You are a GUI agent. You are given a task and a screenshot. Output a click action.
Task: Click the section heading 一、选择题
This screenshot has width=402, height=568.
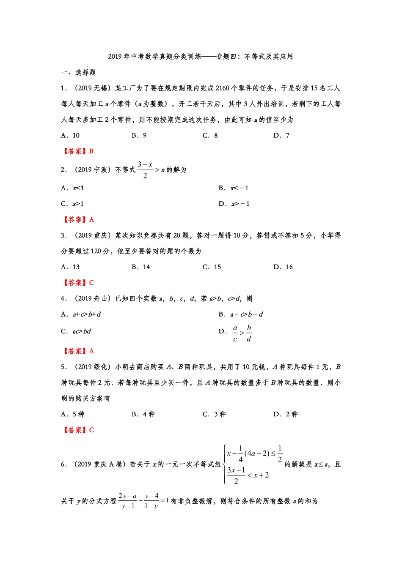coord(79,73)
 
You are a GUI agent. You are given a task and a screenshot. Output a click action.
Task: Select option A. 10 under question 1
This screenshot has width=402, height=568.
coord(70,136)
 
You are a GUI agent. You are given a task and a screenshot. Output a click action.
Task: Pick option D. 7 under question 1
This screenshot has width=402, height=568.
coord(281,136)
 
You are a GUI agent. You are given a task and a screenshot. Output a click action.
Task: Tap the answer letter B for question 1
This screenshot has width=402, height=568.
coord(91,151)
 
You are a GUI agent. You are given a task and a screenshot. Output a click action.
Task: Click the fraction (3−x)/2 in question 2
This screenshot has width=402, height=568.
coord(145,170)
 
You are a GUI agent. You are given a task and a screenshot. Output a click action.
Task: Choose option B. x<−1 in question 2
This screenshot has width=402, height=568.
coord(234,188)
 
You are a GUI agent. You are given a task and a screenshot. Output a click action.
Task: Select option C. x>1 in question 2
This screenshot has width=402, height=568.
coord(72,204)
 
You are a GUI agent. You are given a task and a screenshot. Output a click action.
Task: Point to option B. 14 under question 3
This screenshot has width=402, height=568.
coord(141,267)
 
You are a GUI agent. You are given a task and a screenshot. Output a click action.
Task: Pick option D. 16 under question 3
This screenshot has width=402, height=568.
coord(283,267)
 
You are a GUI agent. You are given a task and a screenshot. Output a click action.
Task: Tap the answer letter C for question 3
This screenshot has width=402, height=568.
coord(91,283)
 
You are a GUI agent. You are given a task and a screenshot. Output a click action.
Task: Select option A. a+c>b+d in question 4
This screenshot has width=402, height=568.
coord(81,314)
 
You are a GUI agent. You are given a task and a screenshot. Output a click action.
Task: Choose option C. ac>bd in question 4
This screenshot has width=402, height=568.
coord(76,332)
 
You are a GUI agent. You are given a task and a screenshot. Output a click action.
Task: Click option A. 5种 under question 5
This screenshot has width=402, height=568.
coord(73,415)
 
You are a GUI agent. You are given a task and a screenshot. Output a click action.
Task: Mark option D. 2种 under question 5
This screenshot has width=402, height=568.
coord(286,415)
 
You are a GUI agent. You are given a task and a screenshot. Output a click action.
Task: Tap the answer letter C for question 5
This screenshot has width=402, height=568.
coord(91,430)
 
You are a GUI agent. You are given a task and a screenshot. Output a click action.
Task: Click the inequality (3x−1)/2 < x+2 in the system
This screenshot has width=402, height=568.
coord(248,475)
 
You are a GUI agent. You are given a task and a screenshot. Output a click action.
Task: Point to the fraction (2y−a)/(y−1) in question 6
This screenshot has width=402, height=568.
coord(127,501)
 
